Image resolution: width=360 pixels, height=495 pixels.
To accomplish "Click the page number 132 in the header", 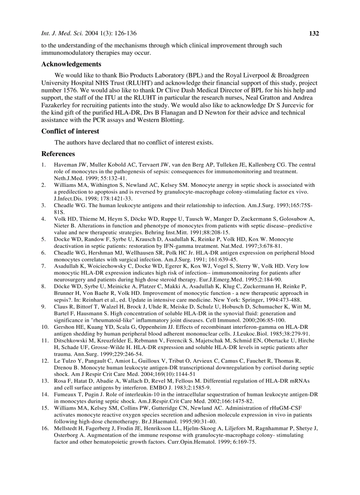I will click(x=313, y=33).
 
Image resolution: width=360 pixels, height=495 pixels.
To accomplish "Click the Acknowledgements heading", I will click(x=71, y=64).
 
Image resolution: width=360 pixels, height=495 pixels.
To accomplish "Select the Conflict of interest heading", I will click(x=70, y=131).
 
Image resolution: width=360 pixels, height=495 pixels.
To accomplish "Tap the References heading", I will click(x=58, y=154).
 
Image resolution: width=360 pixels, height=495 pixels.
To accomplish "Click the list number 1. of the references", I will click(x=44, y=165).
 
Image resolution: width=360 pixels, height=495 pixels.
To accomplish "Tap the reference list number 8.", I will click(x=44, y=286).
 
